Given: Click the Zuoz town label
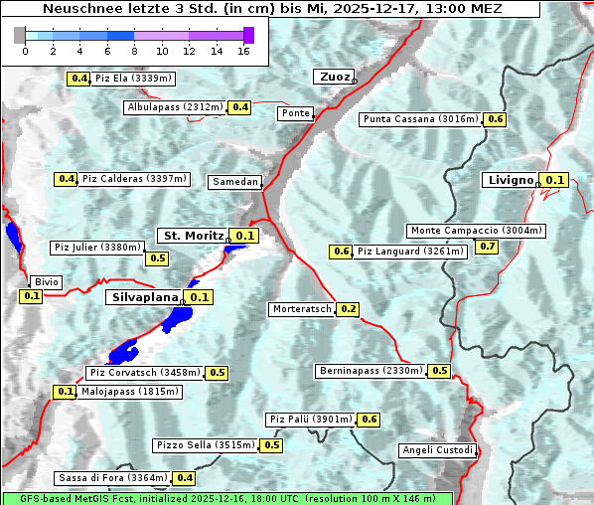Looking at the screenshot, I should click(332, 77).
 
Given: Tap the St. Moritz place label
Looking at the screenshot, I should click(193, 236).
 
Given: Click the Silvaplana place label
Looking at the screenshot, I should click(145, 297).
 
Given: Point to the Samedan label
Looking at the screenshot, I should click(235, 182).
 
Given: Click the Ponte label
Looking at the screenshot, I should click(296, 113).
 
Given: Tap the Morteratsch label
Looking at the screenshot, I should click(301, 309).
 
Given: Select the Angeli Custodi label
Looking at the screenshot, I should click(438, 450).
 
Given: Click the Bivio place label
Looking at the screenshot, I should click(47, 282).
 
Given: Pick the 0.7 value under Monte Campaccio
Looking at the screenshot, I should click(488, 247).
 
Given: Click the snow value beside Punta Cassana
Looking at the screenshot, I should click(496, 119).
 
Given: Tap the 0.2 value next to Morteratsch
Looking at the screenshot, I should click(348, 309).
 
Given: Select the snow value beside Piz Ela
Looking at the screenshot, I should click(78, 79).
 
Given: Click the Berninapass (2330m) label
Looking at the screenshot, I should click(371, 371).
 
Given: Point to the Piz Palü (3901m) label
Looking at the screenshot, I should click(311, 420).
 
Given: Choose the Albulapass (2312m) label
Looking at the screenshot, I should click(175, 107).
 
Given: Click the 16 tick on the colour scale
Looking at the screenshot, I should click(242, 51).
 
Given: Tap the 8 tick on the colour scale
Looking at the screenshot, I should click(133, 51).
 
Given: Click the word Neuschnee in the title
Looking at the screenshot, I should click(74, 8).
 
